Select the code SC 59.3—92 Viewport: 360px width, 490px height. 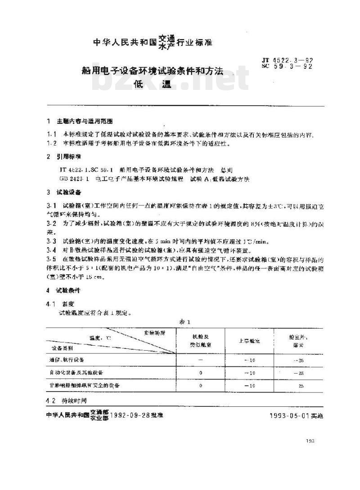[287, 67]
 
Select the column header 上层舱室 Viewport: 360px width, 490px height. [249, 340]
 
